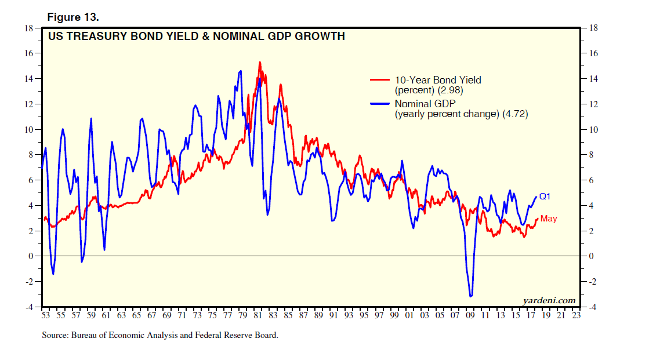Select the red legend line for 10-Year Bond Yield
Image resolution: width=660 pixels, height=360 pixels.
click(381, 80)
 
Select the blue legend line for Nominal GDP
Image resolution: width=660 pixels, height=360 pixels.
click(381, 104)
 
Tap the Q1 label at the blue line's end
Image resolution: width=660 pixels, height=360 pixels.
click(545, 197)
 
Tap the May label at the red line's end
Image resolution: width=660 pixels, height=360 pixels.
click(549, 219)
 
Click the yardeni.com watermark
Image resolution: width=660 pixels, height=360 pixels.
click(549, 300)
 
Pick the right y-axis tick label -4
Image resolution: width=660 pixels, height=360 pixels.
click(592, 307)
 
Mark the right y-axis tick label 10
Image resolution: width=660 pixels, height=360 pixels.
click(593, 129)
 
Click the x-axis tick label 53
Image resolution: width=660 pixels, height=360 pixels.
click(46, 316)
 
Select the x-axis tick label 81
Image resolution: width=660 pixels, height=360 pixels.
click(258, 316)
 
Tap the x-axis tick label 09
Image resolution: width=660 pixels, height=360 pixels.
click(470, 316)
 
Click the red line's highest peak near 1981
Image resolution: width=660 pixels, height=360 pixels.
click(259, 62)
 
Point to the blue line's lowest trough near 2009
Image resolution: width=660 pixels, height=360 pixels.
click(470, 297)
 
